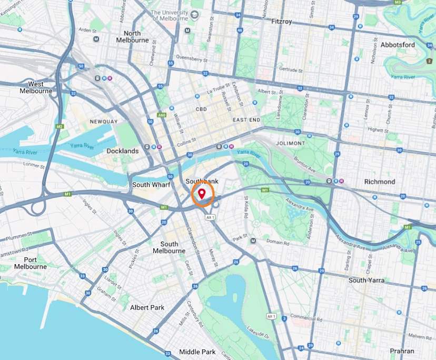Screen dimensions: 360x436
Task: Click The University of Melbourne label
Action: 170,15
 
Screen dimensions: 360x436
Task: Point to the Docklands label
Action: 122,151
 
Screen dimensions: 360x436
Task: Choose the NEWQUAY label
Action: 104,122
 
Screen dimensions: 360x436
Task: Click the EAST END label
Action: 246,120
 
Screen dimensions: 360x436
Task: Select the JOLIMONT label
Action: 289,143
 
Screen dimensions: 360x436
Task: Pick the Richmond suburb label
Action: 379,182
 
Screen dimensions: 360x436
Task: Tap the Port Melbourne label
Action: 31,263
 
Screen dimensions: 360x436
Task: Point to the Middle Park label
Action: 197,352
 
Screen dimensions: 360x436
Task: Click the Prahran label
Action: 402,351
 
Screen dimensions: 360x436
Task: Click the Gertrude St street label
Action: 291,69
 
